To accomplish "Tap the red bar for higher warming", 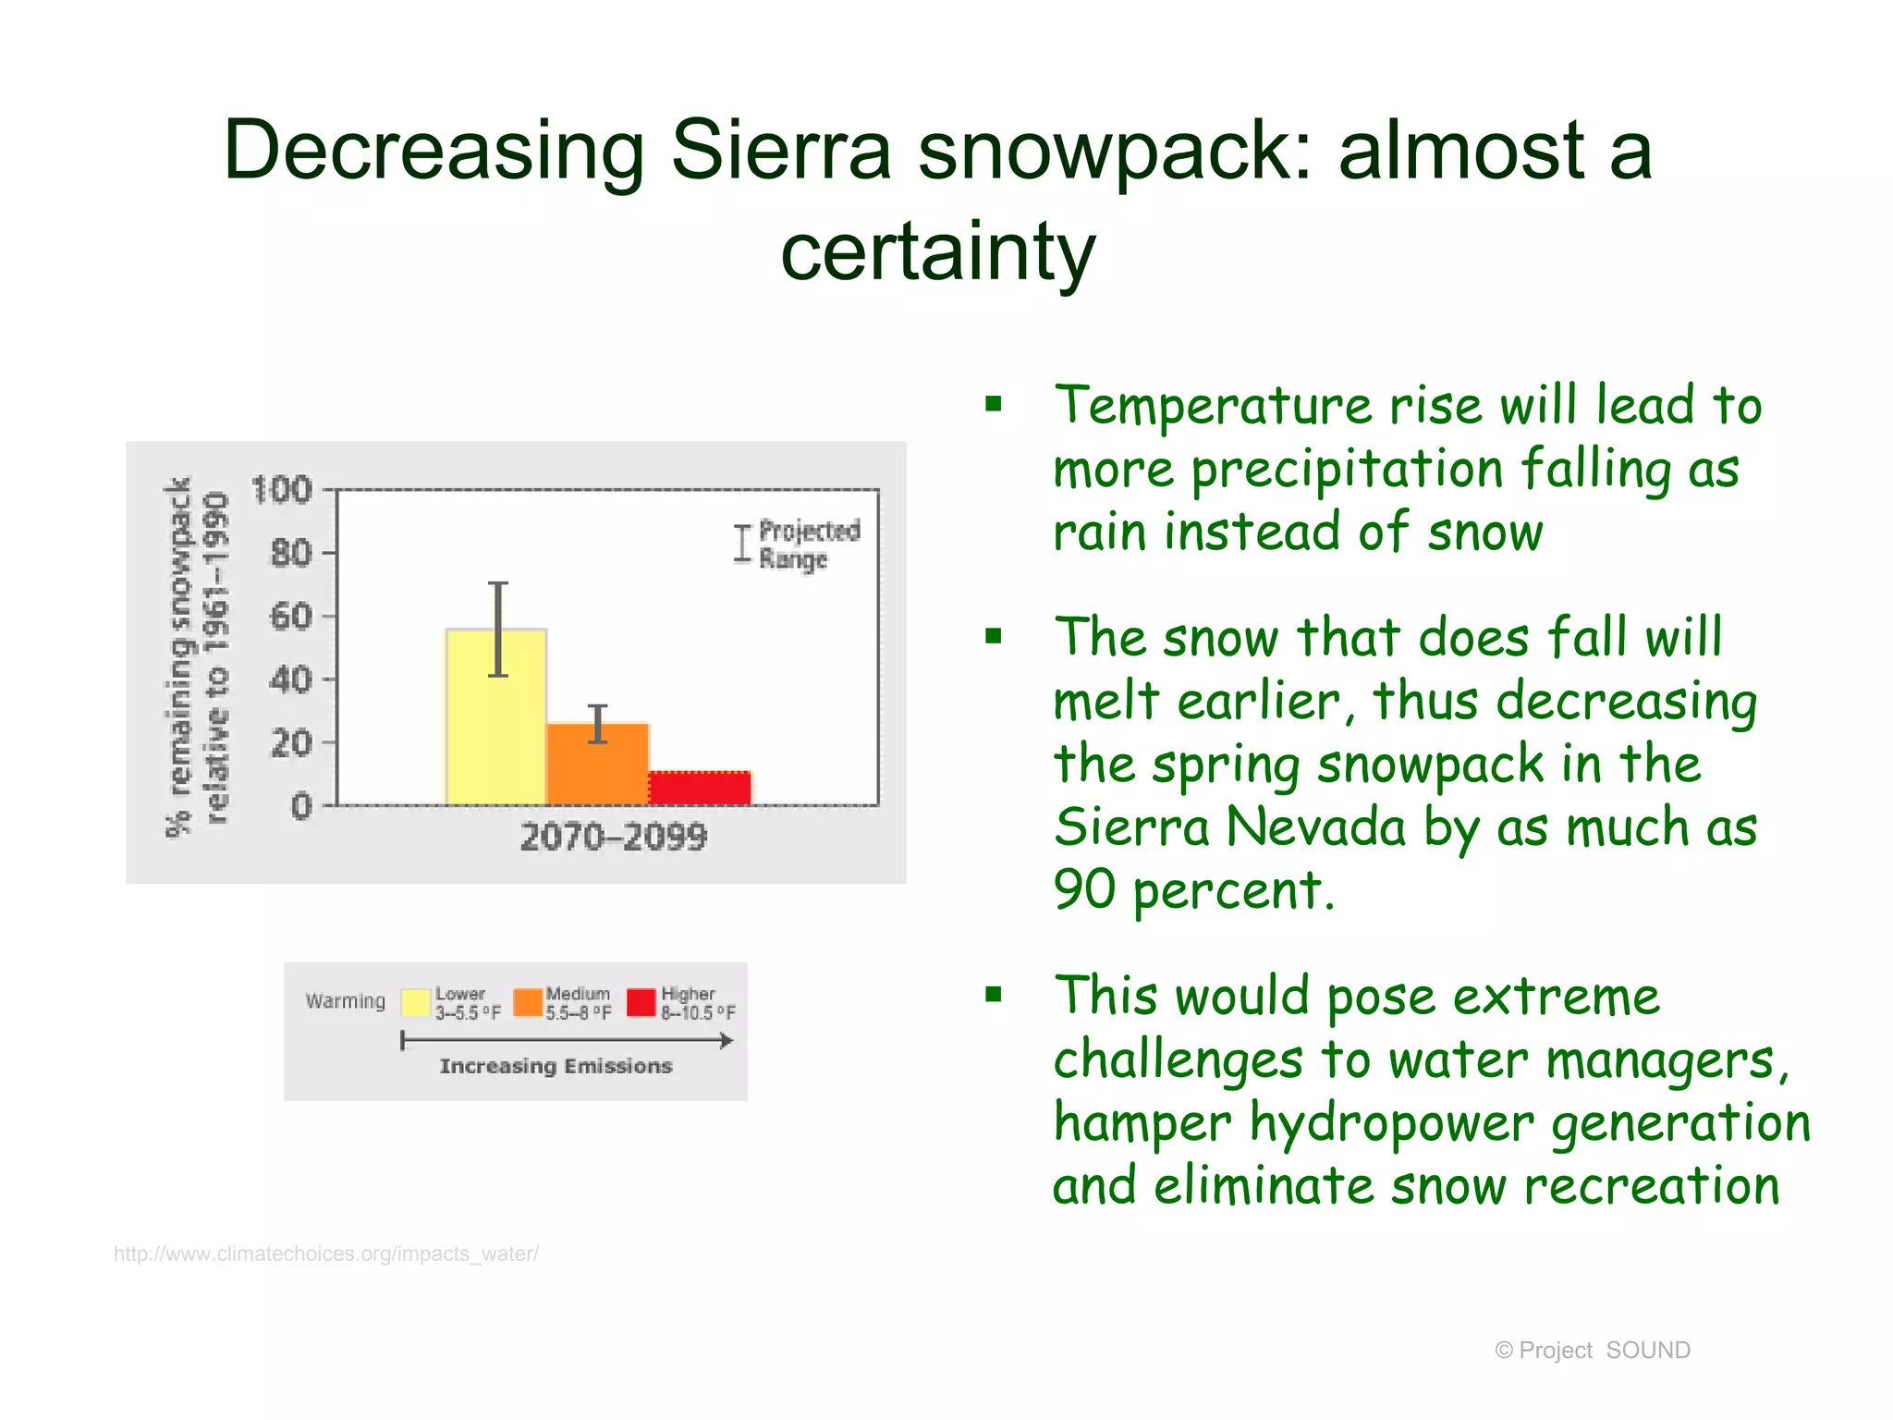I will (x=700, y=788).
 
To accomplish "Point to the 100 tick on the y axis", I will (x=282, y=489).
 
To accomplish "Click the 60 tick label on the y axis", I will (x=290, y=616).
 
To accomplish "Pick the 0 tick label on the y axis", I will (x=301, y=806).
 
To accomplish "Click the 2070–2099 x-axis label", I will (x=613, y=838).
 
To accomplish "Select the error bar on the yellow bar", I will (x=498, y=629).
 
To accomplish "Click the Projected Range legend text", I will (x=808, y=545).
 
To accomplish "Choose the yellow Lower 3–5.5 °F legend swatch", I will (x=416, y=1002).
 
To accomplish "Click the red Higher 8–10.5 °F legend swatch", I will (x=641, y=1002).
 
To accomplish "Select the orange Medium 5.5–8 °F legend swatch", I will (x=528, y=1002).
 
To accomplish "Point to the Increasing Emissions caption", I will (x=556, y=1066).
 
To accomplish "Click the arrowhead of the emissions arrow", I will (x=727, y=1041).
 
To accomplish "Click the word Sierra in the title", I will (x=780, y=150).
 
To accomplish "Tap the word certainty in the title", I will (x=937, y=251).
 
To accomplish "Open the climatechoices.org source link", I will (x=325, y=1254).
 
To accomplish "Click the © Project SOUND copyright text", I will (x=1592, y=1350).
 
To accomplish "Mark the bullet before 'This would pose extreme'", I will (x=994, y=995).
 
